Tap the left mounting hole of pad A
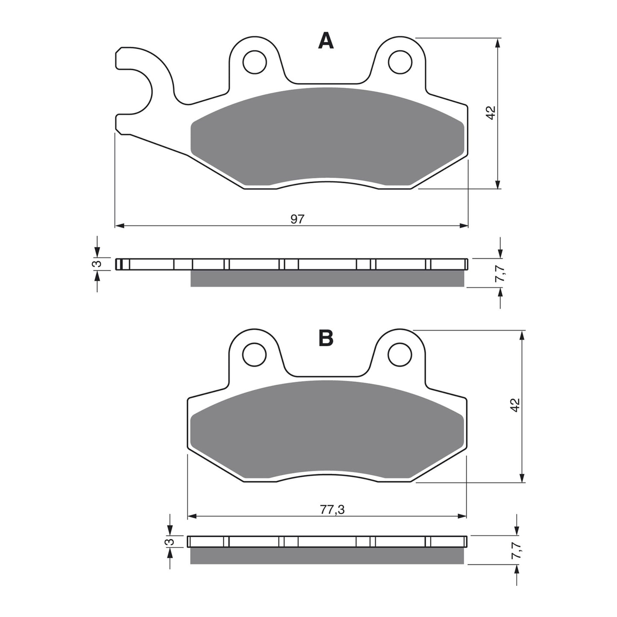[x=254, y=62]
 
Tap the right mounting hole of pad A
[x=400, y=62]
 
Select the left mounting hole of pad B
[x=254, y=354]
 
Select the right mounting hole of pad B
[x=400, y=354]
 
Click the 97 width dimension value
[x=297, y=219]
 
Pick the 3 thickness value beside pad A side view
[x=98, y=264]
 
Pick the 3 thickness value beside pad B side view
[x=170, y=541]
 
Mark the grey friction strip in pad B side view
[x=327, y=556]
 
